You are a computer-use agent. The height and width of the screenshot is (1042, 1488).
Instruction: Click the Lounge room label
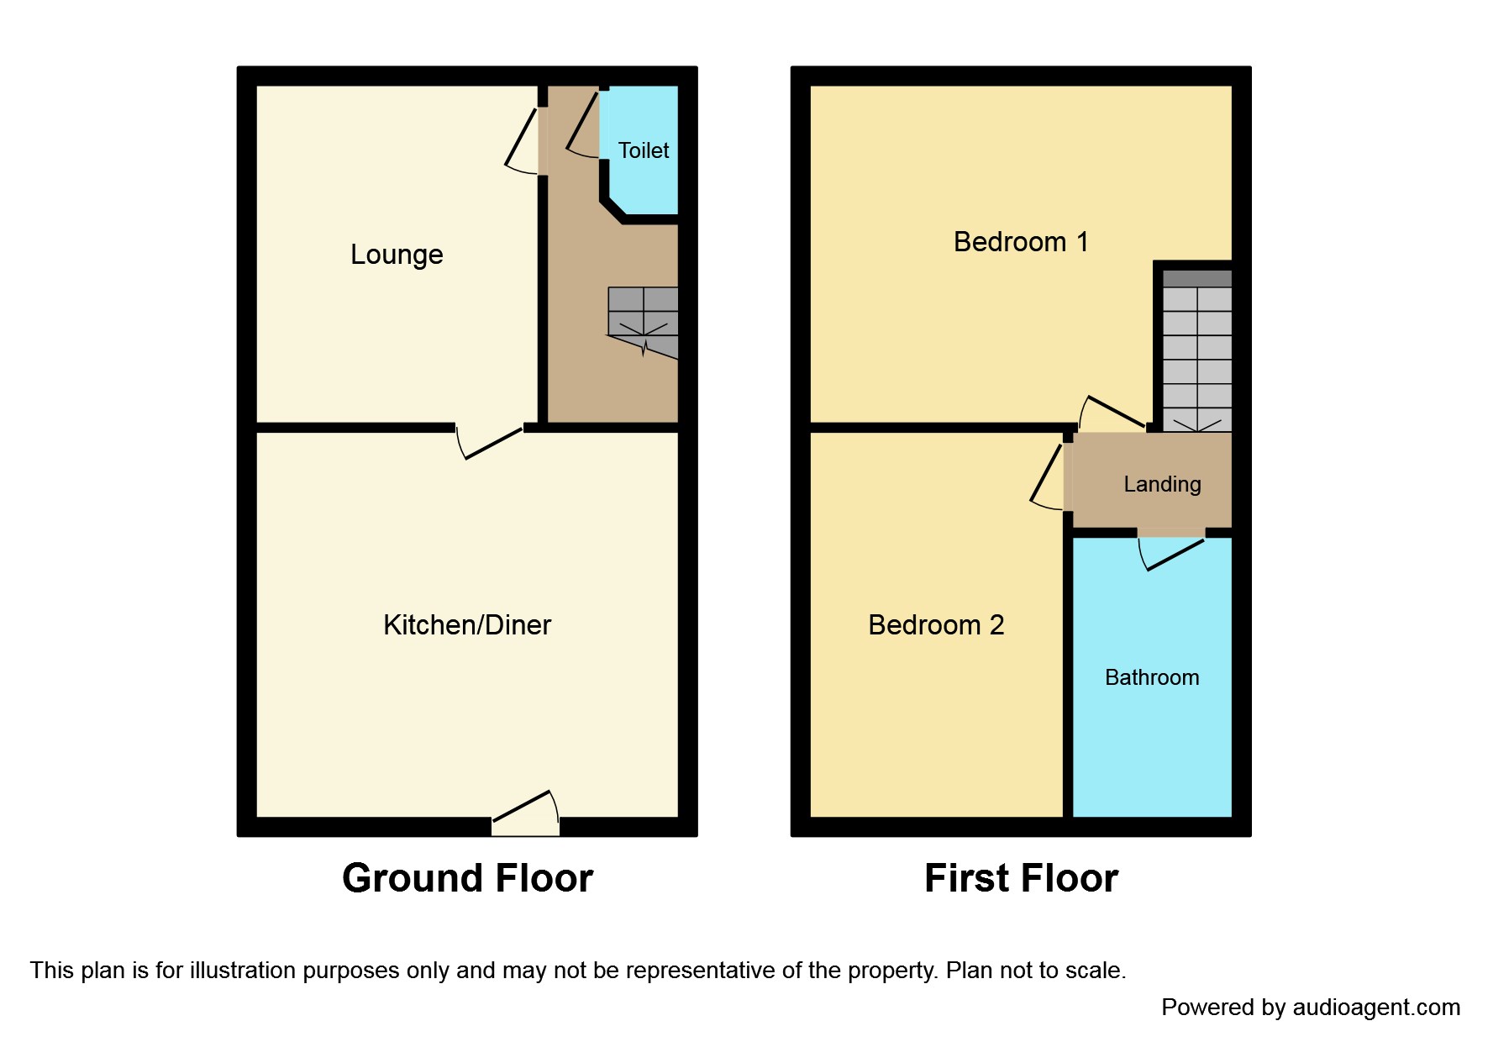point(397,255)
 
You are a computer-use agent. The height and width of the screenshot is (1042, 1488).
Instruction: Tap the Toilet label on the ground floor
point(644,150)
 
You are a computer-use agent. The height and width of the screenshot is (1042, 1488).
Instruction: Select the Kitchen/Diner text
point(467,625)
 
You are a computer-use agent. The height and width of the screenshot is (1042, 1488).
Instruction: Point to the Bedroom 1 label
point(1021,242)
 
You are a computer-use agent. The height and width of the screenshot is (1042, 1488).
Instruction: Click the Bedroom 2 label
point(936,625)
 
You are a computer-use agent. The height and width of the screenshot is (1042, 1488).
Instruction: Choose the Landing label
point(1162,484)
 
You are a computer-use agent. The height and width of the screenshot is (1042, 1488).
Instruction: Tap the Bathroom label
point(1152,677)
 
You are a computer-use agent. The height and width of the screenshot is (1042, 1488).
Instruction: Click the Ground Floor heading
point(467,878)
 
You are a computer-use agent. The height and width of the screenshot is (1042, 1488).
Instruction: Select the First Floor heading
point(1021,878)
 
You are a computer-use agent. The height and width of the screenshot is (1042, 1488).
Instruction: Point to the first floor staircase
point(1196,353)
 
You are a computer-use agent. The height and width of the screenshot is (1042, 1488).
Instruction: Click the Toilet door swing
point(583,126)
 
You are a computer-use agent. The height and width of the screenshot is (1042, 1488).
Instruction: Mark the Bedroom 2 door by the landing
point(1048,477)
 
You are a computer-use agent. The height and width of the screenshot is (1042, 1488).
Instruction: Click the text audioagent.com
point(1376,1007)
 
